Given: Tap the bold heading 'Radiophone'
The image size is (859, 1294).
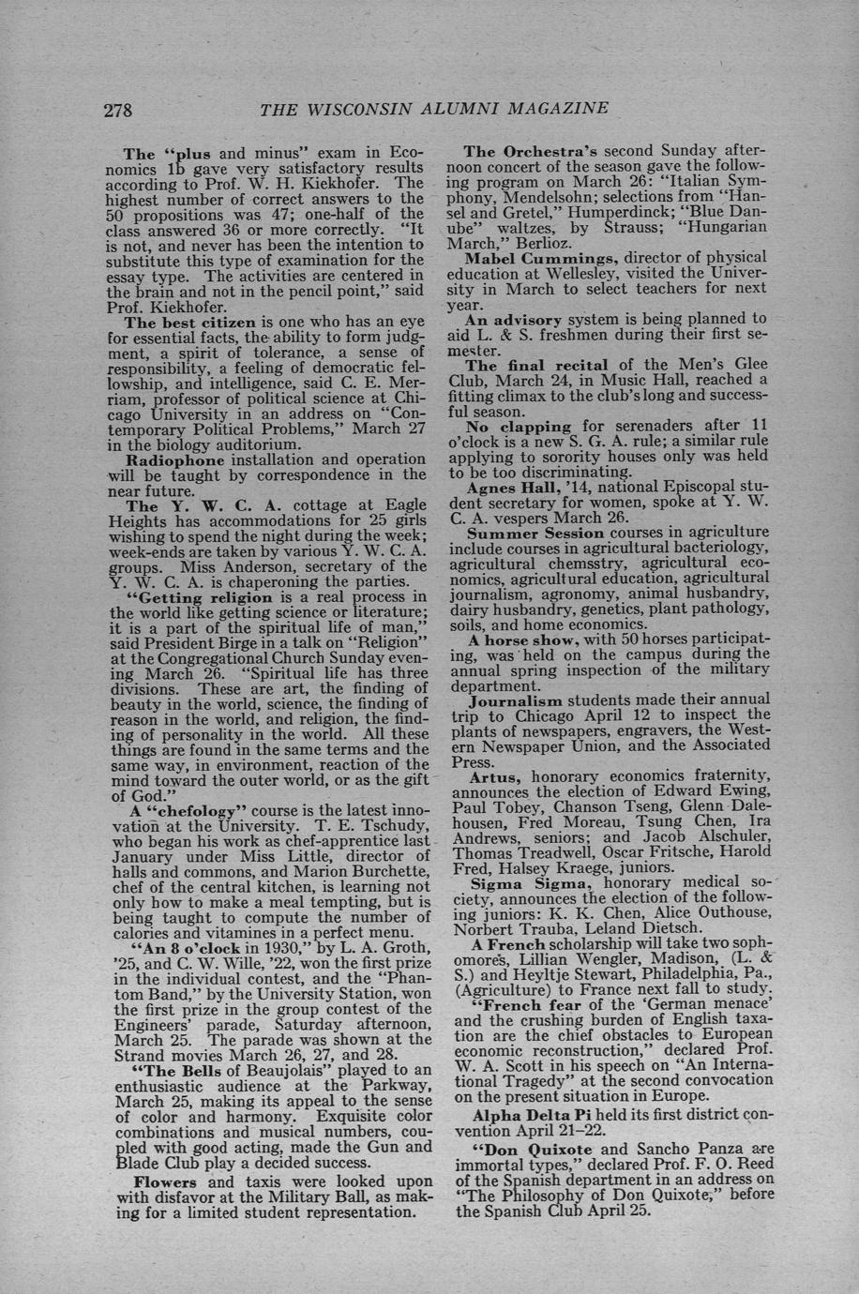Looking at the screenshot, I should [173, 459].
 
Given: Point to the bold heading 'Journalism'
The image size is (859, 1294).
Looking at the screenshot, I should [516, 700].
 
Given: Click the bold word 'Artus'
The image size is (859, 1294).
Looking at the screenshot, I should [493, 776].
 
